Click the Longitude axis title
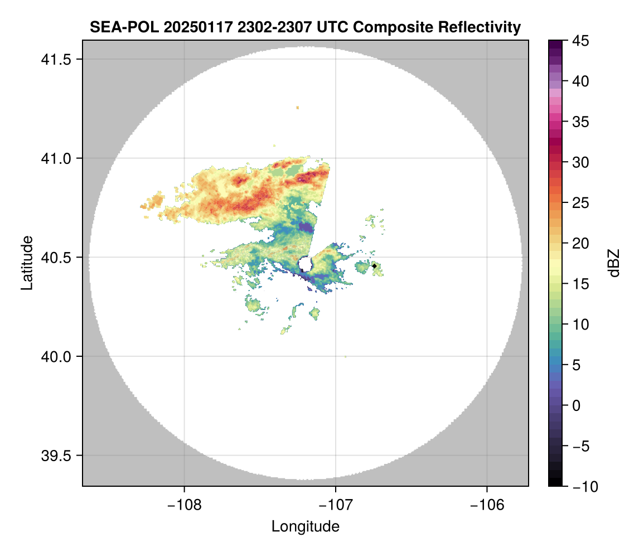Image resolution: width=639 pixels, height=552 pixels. tap(305, 526)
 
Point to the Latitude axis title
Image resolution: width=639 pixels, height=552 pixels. tap(26, 263)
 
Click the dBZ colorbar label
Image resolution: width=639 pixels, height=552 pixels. tap(614, 263)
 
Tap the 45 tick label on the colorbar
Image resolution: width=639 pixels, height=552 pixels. tap(580, 41)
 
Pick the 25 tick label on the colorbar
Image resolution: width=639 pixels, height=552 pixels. tap(580, 203)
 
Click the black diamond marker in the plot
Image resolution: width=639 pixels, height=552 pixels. tap(374, 266)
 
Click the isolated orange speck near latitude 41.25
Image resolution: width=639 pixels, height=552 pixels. tap(298, 107)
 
